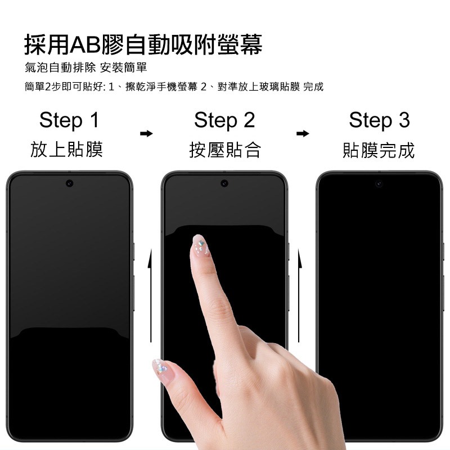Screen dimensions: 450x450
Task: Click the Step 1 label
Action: (69, 120)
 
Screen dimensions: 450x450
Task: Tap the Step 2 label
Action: (224, 120)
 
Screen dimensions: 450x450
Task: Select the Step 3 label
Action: (379, 120)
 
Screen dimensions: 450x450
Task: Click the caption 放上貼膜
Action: (66, 150)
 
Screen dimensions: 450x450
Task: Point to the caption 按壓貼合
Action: (225, 150)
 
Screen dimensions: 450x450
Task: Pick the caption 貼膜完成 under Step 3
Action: (379, 150)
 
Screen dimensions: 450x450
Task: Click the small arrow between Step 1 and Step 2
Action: (146, 133)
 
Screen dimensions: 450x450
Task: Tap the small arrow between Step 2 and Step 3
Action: (303, 133)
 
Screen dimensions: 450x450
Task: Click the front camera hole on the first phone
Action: (69, 183)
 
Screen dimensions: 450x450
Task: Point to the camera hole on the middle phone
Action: (224, 183)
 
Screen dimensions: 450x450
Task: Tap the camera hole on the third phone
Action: (379, 183)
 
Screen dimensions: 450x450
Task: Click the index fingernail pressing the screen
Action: (200, 245)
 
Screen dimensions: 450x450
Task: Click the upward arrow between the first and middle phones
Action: (150, 296)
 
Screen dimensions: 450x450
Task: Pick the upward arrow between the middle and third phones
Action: (299, 296)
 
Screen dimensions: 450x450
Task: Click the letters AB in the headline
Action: (85, 45)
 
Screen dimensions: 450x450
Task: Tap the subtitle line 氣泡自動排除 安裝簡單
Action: (86, 67)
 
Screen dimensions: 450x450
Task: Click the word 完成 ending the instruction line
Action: (313, 87)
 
